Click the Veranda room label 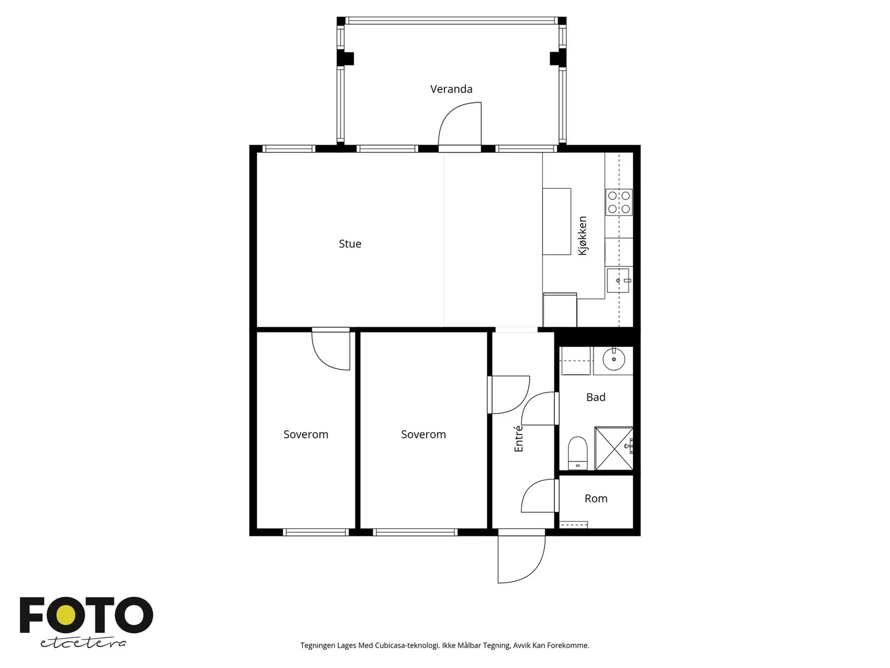pos(451,89)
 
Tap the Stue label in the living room pos(349,243)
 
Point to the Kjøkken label pos(582,235)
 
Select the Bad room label pos(595,397)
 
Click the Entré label pos(518,438)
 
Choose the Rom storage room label pos(596,498)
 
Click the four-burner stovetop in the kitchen pos(619,202)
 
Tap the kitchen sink pos(618,280)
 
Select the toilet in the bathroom pos(577,453)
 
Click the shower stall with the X pos(614,448)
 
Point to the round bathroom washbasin pos(614,359)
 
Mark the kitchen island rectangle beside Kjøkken pos(556,222)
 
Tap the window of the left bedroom pos(315,532)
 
